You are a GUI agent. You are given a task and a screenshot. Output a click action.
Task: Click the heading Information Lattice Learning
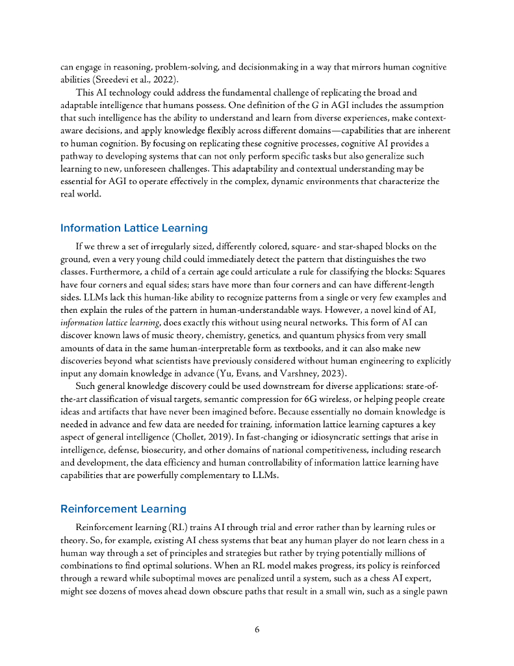coord(134,228)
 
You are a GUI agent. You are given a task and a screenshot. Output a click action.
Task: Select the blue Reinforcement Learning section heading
coord(123,509)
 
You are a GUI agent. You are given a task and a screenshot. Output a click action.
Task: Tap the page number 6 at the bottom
coord(257,630)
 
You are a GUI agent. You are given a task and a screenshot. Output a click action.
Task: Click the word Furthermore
coord(114,272)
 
